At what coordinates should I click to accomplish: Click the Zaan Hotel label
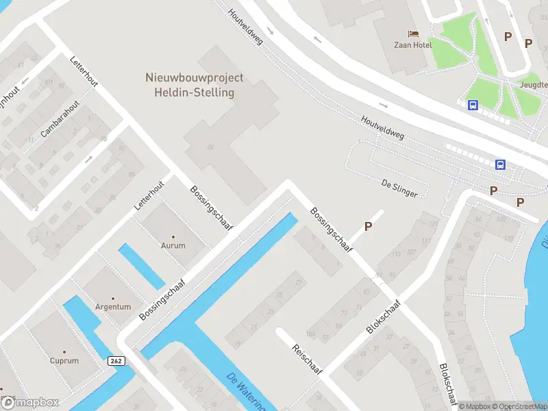pos(412,45)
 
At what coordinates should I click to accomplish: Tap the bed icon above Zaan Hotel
pos(412,34)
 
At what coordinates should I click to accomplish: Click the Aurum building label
pos(173,245)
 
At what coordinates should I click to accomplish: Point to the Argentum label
pos(113,307)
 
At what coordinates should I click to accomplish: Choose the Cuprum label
pos(64,360)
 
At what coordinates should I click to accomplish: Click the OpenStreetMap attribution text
pos(518,406)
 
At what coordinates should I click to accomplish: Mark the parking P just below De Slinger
pos(368,226)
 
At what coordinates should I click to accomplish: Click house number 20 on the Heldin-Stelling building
pos(210,147)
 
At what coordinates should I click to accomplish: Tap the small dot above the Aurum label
pos(173,236)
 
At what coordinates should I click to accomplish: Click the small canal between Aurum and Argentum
pos(141,266)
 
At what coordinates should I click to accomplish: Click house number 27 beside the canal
pos(298,282)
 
